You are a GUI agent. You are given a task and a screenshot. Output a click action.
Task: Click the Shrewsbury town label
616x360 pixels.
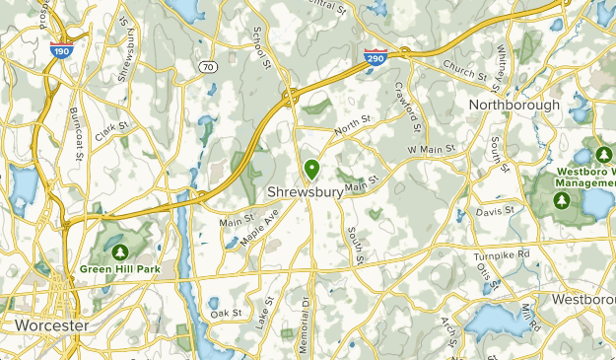pyautogui.click(x=306, y=192)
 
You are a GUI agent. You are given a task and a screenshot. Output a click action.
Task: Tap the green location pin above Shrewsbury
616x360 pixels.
pyautogui.click(x=311, y=171)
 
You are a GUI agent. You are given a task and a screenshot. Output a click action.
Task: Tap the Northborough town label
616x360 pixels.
pyautogui.click(x=513, y=105)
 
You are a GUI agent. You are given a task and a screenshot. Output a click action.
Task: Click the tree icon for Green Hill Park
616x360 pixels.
pyautogui.click(x=122, y=252)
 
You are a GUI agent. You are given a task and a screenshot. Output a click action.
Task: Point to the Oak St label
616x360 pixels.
pyautogui.click(x=226, y=313)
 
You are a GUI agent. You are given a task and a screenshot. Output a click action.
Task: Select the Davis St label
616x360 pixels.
pyautogui.click(x=495, y=211)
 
